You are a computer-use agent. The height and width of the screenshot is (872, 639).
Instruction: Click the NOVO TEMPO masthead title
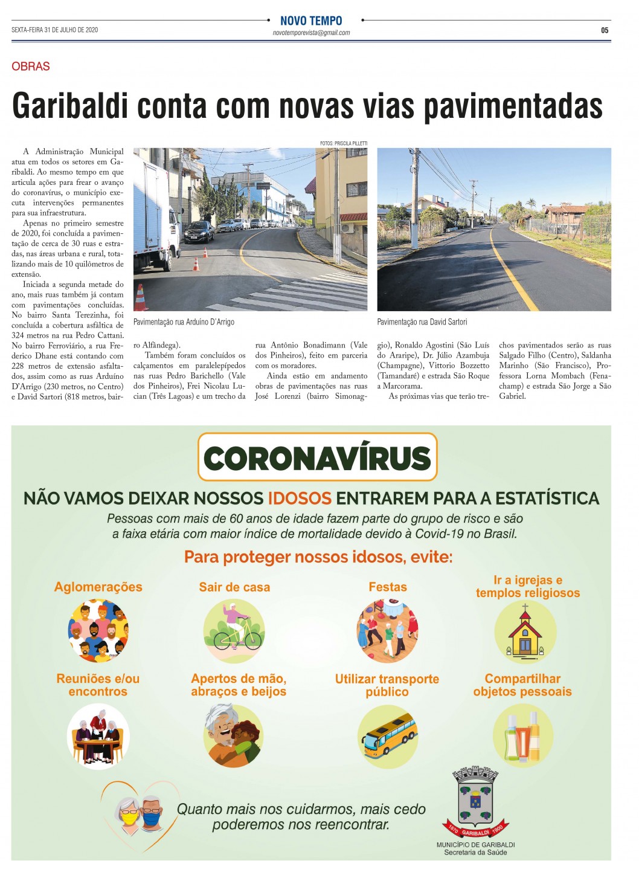311,21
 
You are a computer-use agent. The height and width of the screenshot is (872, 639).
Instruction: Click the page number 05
605,30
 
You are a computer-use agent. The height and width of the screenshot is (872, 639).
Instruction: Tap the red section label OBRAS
31,66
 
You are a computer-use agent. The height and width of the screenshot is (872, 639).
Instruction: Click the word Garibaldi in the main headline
71,106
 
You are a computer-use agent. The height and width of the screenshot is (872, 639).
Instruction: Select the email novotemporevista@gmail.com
311,33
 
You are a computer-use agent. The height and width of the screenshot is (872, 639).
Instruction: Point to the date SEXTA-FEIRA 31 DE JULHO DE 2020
54,30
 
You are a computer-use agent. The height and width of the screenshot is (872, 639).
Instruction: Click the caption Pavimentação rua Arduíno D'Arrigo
184,322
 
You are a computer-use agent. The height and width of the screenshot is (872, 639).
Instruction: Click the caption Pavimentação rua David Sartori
422,322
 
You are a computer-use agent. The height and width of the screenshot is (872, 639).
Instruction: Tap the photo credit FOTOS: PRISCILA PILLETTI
343,144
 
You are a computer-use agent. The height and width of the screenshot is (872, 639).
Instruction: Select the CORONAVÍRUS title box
317,457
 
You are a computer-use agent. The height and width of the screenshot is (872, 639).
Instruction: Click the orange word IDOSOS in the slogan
300,499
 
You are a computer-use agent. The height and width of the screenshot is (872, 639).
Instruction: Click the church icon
525,631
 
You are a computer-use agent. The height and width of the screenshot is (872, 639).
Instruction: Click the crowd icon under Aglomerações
98,630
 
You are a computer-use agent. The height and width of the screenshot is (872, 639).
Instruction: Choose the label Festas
388,587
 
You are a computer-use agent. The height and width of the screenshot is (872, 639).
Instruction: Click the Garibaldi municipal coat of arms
475,801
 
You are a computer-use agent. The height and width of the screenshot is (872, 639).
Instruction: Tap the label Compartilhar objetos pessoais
522,685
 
